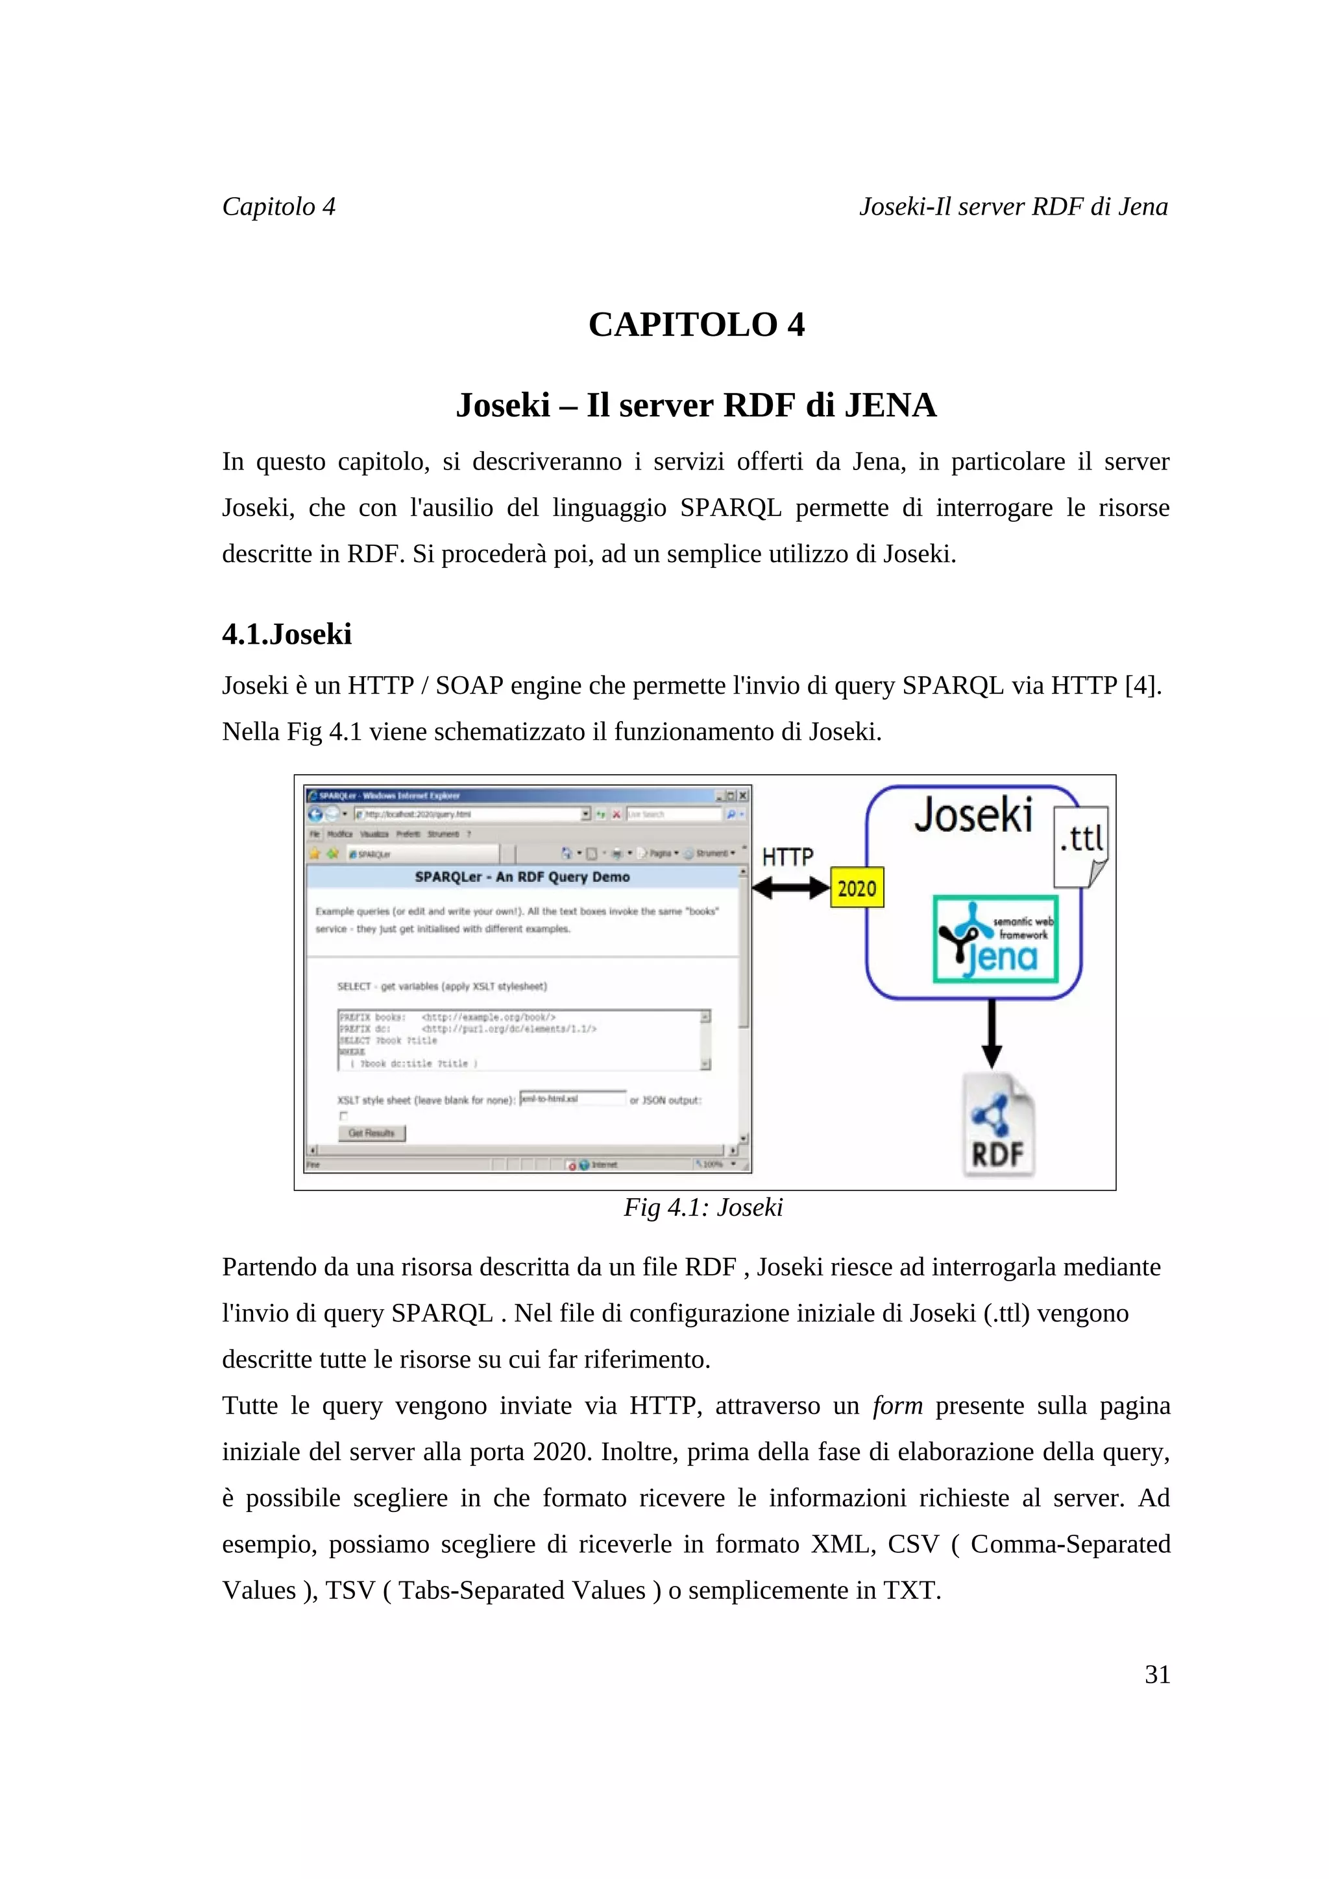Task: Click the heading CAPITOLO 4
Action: click(696, 325)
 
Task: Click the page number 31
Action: click(1156, 1674)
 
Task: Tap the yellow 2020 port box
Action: click(857, 888)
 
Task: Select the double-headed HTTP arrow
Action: click(790, 888)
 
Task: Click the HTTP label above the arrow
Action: click(787, 857)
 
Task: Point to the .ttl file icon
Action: click(1081, 845)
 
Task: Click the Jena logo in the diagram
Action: click(995, 939)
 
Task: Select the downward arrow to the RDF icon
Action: click(992, 1033)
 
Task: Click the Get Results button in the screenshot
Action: click(371, 1133)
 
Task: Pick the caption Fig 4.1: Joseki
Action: click(703, 1207)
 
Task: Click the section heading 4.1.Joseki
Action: click(287, 634)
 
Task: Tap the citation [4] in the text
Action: click(1141, 685)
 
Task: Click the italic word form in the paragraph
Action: click(897, 1405)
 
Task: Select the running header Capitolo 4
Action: click(278, 206)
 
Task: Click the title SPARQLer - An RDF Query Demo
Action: click(522, 877)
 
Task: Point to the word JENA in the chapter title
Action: click(889, 406)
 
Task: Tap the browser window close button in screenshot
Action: click(743, 796)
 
